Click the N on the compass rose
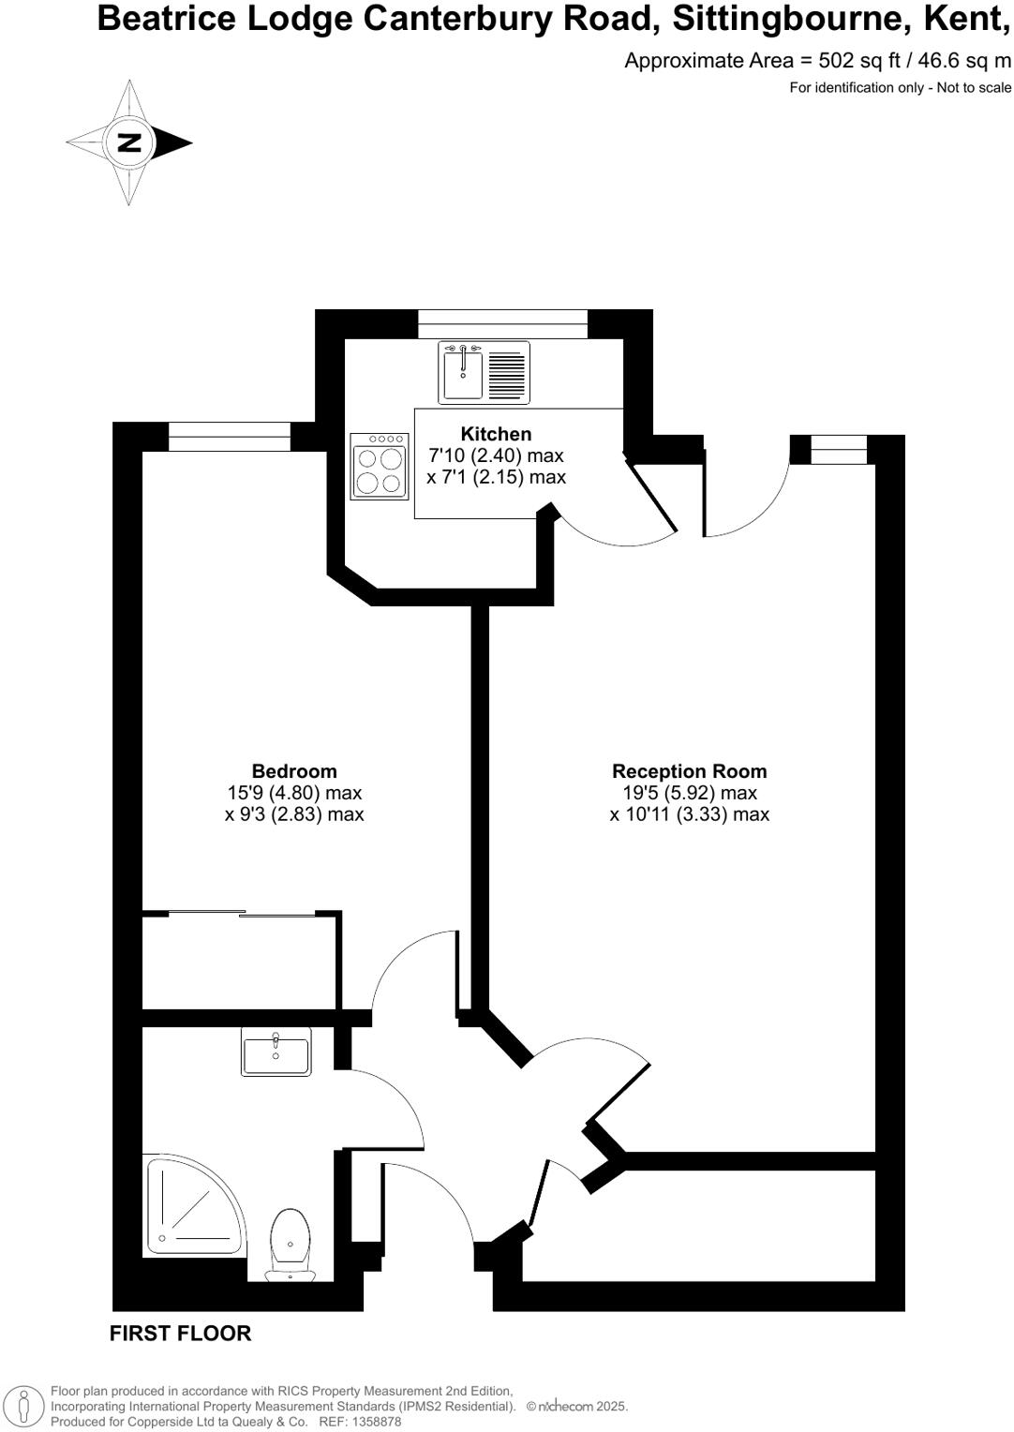[x=129, y=143]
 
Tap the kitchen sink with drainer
[x=484, y=372]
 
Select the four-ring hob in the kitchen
[x=380, y=466]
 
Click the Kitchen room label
[x=496, y=434]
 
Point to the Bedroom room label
[x=294, y=771]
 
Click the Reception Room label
[x=689, y=771]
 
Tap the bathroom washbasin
[x=276, y=1052]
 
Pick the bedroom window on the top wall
[x=230, y=437]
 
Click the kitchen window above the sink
[x=502, y=324]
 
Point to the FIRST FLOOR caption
[x=180, y=1334]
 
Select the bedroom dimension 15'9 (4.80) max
[x=294, y=793]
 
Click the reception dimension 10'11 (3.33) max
[x=689, y=814]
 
